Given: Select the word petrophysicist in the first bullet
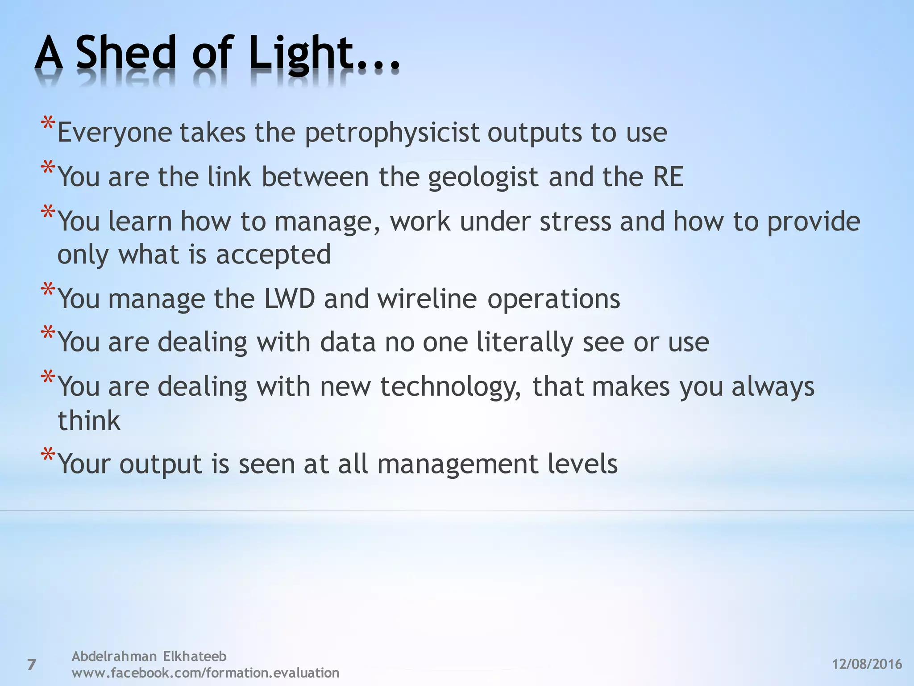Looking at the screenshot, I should click(392, 133).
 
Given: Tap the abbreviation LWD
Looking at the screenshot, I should click(290, 298).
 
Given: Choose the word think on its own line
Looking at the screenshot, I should click(89, 420).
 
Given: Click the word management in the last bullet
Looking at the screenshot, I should click(457, 464).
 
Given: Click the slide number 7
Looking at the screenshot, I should click(31, 665).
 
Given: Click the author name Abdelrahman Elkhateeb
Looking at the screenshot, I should click(149, 656).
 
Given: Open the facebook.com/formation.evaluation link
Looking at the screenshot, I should click(205, 673).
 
